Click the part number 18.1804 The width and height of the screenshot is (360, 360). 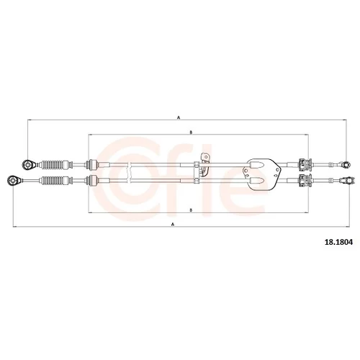coord(338,242)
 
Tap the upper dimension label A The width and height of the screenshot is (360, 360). coord(179,117)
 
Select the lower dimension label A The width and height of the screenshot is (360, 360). coord(172,225)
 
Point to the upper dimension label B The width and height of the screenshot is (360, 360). coord(191,132)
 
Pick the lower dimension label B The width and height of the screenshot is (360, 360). coord(191,210)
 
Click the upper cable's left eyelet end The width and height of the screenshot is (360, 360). coord(28,165)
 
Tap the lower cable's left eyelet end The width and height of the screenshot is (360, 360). coord(13,180)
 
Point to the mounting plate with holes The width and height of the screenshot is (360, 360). coord(261,174)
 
